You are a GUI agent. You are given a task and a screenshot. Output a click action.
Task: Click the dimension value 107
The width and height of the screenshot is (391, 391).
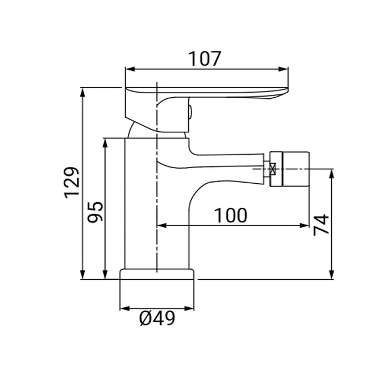(205, 59)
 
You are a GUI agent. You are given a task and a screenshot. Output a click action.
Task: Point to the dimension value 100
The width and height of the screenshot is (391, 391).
(230, 215)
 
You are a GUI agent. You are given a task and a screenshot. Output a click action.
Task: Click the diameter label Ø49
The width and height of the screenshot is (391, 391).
(157, 318)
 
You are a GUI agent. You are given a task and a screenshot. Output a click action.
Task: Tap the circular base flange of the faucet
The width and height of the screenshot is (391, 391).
(157, 274)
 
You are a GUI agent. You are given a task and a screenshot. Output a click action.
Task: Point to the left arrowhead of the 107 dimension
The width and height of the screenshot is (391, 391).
(128, 70)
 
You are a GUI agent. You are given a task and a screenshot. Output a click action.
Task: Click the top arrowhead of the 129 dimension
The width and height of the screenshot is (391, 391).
(83, 90)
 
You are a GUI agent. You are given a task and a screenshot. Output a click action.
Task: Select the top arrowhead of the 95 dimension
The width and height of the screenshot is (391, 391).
(104, 141)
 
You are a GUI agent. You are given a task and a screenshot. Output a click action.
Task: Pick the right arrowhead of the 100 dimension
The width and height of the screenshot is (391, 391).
(306, 226)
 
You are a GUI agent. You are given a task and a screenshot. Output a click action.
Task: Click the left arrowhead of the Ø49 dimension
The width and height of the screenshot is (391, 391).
(123, 308)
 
